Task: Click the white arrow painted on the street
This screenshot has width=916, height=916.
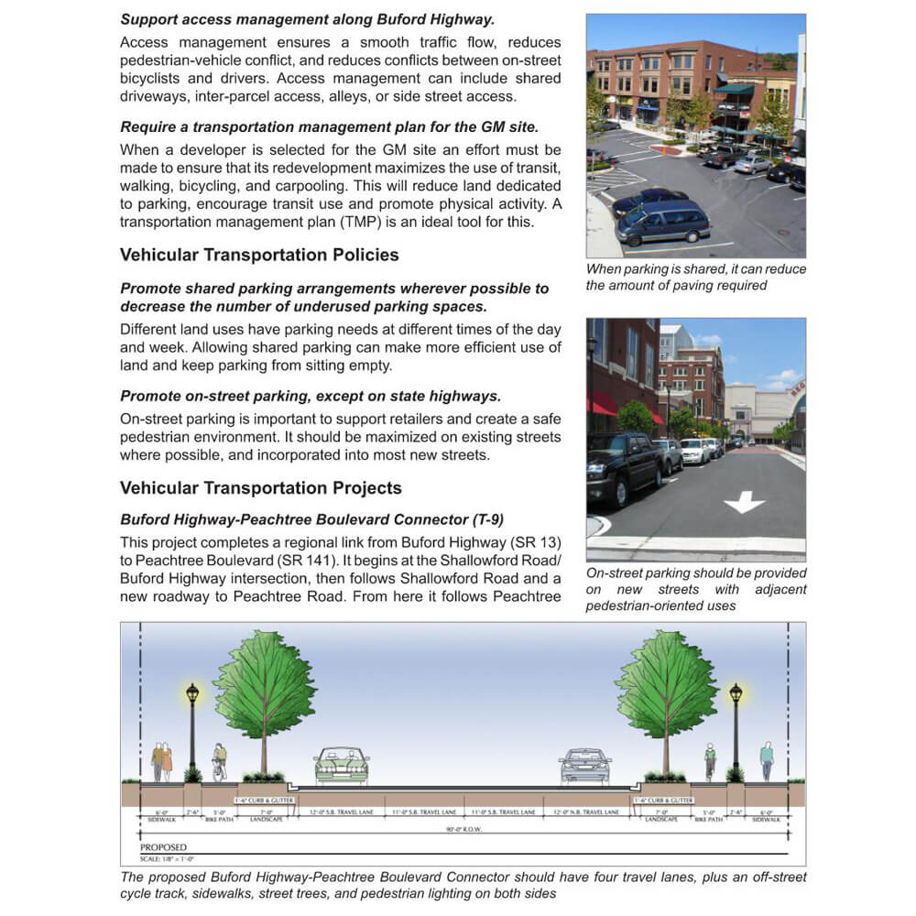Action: pos(744,502)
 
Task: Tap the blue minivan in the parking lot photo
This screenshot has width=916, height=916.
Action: pos(663,223)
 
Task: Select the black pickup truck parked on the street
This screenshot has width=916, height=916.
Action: pos(623,469)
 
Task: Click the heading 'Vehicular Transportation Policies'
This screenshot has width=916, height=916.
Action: pos(259,255)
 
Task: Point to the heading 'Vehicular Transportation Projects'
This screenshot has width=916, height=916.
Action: pos(260,488)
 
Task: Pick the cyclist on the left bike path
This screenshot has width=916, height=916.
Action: pos(219,761)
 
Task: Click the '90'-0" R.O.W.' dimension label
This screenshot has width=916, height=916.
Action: pos(463,830)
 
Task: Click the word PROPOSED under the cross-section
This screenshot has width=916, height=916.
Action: pos(164,848)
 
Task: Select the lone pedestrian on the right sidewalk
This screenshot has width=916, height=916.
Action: pos(766,760)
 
